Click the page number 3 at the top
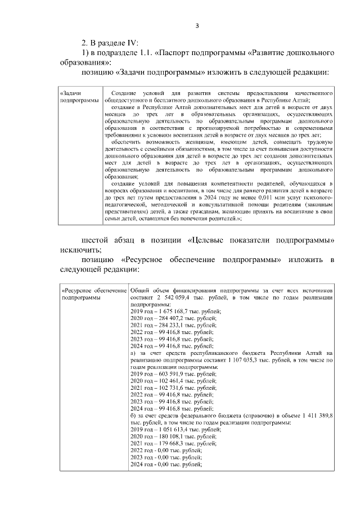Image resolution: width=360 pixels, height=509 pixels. click(197, 25)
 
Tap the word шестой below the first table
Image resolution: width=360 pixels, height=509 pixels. click(96, 240)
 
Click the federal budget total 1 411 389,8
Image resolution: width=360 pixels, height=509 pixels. click(315, 415)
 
